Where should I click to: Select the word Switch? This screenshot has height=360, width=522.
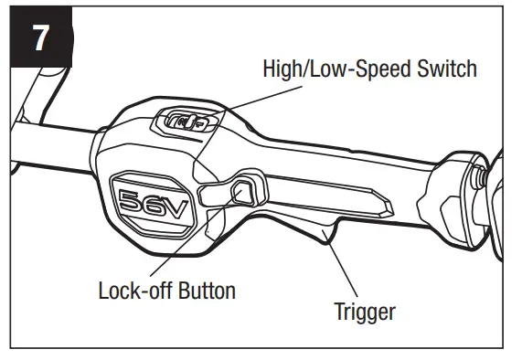point(447,69)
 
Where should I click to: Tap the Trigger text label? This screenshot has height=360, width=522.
point(365,311)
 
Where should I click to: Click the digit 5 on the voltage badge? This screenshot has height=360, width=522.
point(137,203)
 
